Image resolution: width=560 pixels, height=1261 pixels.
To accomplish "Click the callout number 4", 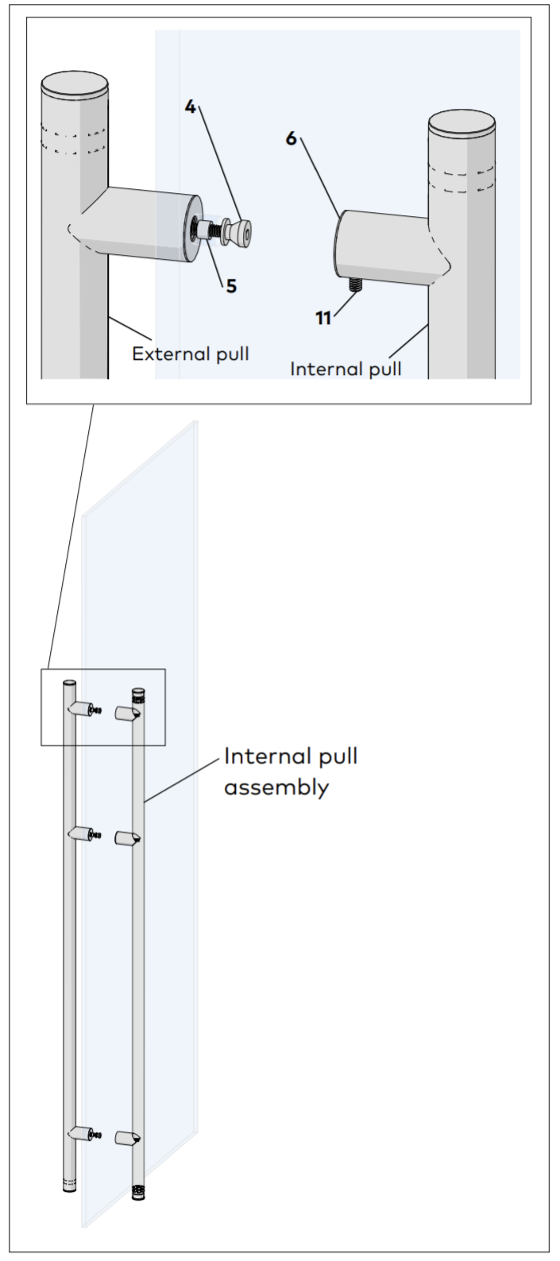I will click(x=191, y=106).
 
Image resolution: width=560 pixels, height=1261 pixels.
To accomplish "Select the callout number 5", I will click(x=230, y=285).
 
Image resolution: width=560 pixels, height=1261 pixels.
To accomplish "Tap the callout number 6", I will click(x=292, y=138).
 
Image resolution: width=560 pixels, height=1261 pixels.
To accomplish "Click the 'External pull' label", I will click(x=190, y=354).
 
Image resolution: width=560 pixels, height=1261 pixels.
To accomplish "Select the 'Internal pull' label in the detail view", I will click(x=346, y=369).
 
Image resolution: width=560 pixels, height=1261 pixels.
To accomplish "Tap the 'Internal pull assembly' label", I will click(x=290, y=772).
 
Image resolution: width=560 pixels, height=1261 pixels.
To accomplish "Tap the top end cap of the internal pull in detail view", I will click(x=462, y=126).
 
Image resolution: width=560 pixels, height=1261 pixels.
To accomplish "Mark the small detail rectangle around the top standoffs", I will click(x=102, y=707).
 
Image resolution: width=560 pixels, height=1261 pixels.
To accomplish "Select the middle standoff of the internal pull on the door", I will click(x=127, y=838).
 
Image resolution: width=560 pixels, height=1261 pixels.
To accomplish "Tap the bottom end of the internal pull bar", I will click(x=139, y=1192).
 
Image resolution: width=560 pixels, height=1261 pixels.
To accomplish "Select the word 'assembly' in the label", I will click(x=276, y=789).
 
